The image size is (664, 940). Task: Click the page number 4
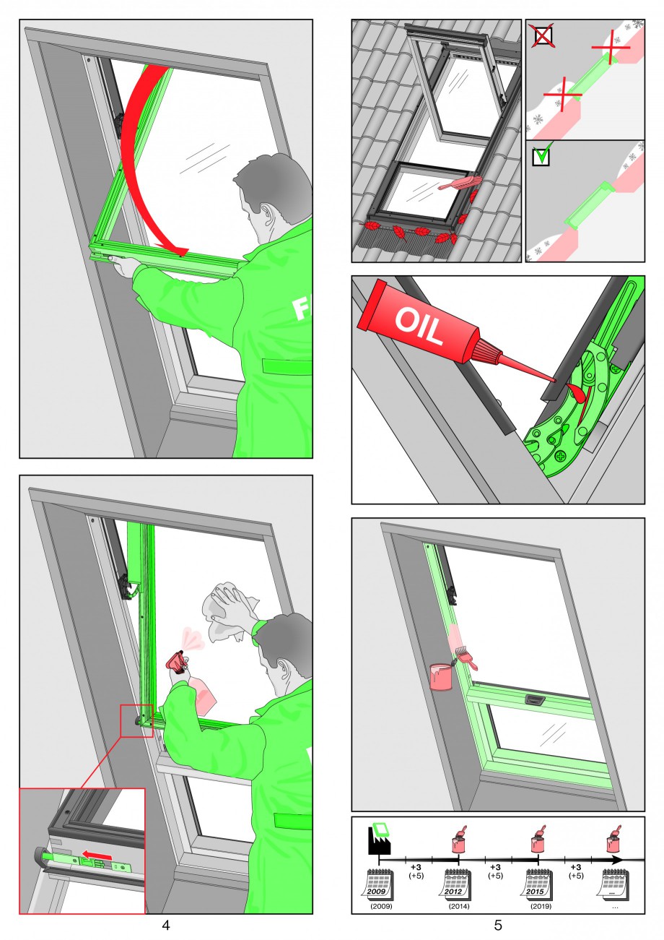coord(166,924)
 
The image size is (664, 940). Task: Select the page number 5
coord(498,924)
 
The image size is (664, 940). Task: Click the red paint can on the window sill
coord(441,676)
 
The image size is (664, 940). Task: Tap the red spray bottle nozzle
coord(178,663)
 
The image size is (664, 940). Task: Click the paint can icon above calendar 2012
coord(460,839)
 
